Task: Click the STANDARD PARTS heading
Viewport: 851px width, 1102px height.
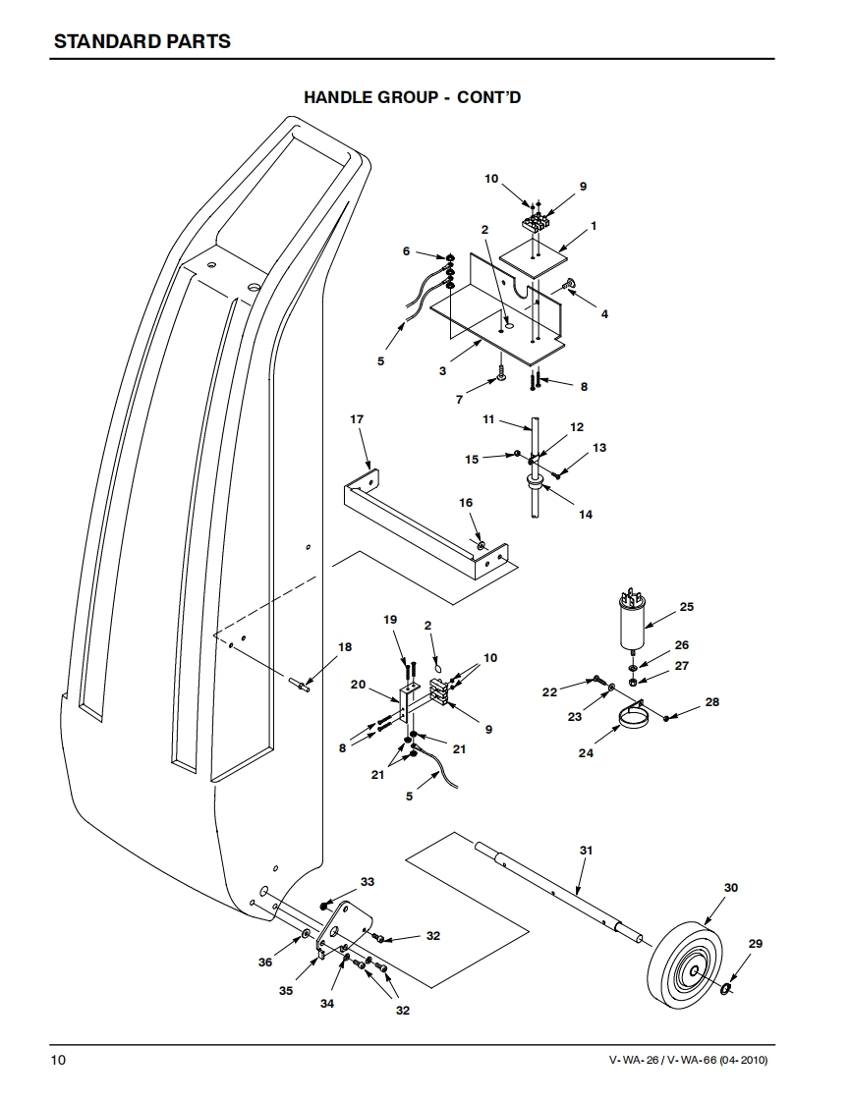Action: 142,41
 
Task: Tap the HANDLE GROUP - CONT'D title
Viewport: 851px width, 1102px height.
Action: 425,97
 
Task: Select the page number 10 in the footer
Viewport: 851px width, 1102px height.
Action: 60,1061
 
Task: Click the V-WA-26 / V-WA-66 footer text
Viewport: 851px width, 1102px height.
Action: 688,1061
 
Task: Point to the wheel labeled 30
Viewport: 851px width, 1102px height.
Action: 686,964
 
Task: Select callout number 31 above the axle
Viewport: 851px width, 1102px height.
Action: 587,850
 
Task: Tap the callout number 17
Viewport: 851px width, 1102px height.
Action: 357,419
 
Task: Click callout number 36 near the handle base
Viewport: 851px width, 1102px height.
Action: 265,963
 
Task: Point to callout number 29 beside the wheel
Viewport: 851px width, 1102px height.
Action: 755,944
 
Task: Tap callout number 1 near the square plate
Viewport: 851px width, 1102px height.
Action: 594,226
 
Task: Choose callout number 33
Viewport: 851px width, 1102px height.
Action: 368,882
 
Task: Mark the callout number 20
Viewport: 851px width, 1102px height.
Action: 358,684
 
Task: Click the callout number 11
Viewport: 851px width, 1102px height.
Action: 487,419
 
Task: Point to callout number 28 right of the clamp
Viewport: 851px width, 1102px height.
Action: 712,702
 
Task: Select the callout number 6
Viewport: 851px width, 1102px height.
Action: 406,251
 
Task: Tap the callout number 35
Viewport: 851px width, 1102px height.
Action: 285,991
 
